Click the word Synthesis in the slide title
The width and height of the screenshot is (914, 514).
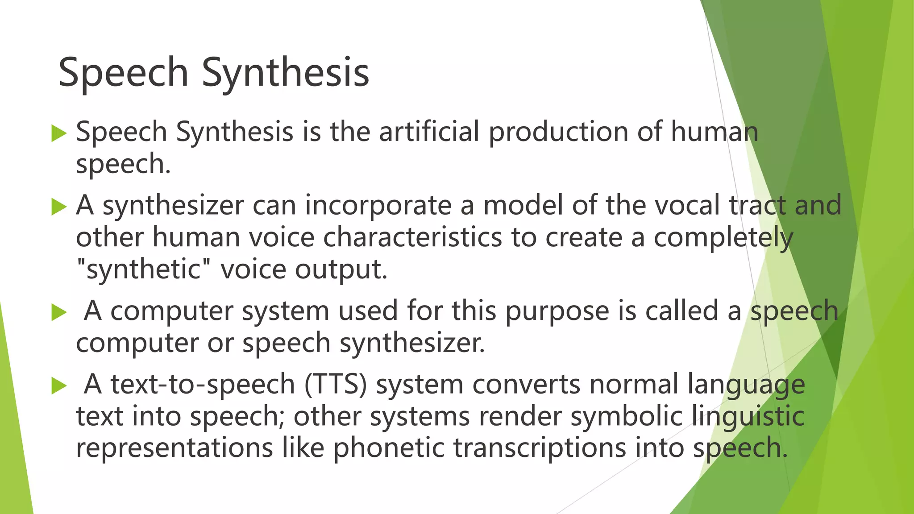(285, 73)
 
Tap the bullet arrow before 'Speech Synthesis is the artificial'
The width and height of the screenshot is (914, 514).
(59, 133)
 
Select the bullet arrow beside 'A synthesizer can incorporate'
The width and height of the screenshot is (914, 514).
(59, 206)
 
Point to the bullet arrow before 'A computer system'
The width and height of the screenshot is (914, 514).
(59, 312)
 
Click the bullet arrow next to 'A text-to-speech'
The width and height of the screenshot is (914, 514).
(59, 385)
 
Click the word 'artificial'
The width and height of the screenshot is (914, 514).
(429, 132)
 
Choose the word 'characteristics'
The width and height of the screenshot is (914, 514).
(412, 237)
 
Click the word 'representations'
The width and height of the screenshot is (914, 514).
(174, 448)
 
